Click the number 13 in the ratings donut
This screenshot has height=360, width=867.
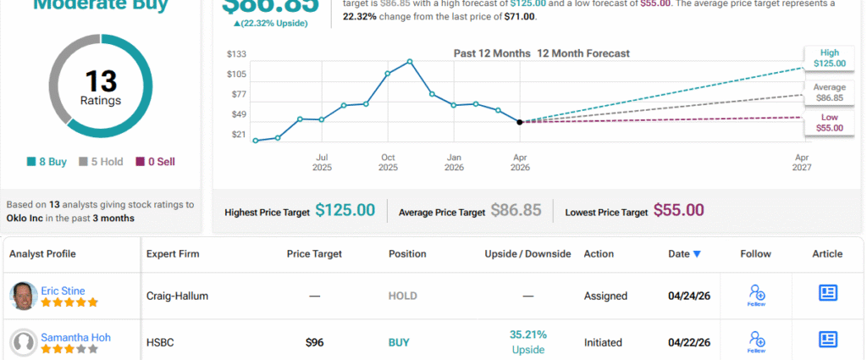coord(101,81)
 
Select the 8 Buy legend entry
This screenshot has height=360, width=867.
coord(47,161)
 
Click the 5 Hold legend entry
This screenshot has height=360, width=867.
coord(101,161)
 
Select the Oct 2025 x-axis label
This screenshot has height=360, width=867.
coord(388,162)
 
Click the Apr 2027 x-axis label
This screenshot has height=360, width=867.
coord(801,162)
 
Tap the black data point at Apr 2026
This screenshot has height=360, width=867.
coord(519,122)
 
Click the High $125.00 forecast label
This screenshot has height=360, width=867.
coord(828,57)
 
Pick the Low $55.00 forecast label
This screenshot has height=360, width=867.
coord(828,122)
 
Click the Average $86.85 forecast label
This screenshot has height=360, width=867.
coord(828,92)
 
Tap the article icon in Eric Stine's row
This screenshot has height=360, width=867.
coord(827,293)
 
